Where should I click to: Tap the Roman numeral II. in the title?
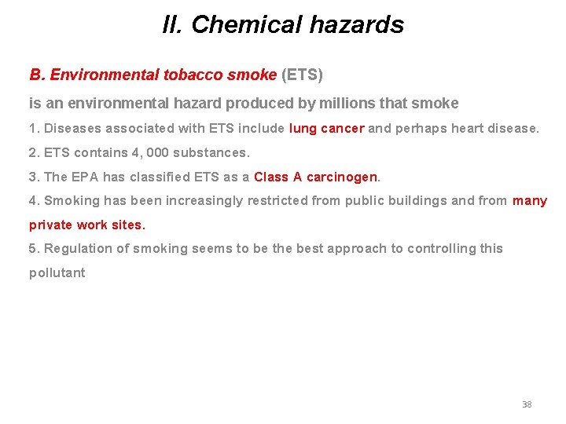172,24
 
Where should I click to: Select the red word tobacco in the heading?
193,75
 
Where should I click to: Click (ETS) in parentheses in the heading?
302,75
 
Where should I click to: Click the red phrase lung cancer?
327,128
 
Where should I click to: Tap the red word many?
530,200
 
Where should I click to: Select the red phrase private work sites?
87,225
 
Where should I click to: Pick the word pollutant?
57,272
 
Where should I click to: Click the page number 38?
527,404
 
